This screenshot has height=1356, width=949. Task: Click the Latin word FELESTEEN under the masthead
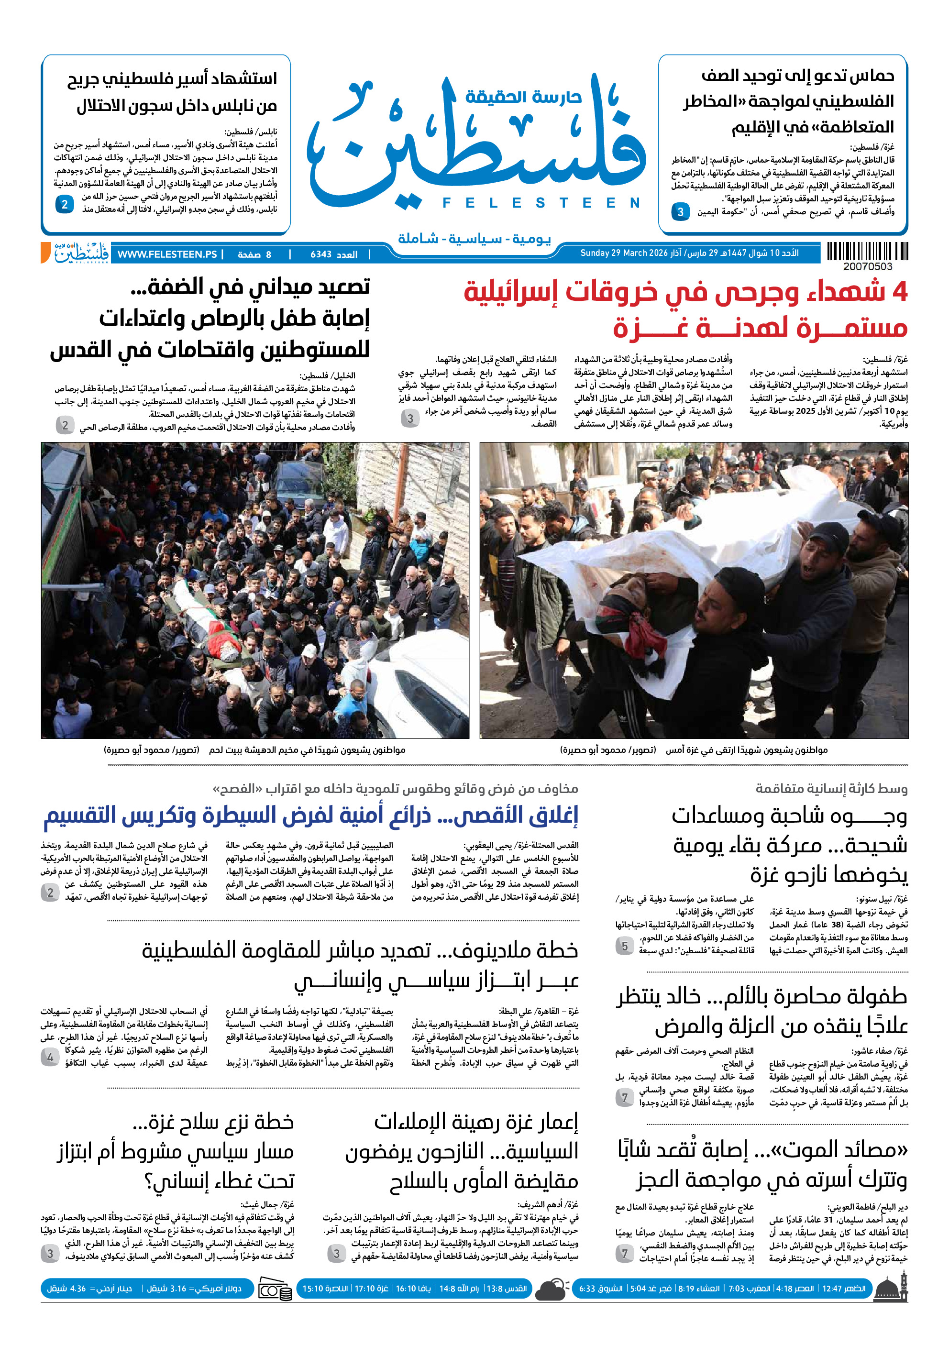[541, 203]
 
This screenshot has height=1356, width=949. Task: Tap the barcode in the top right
[867, 252]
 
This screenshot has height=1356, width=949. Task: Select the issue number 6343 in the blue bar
[321, 254]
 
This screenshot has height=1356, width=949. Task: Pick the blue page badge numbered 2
[65, 204]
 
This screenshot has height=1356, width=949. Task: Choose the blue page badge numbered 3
[680, 211]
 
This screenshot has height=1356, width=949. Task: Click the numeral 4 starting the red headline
[899, 292]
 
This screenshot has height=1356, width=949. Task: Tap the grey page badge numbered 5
[624, 946]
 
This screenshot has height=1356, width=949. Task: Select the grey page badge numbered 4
[50, 1057]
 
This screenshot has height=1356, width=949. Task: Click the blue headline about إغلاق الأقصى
[311, 816]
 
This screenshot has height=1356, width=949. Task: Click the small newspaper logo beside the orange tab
[81, 254]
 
